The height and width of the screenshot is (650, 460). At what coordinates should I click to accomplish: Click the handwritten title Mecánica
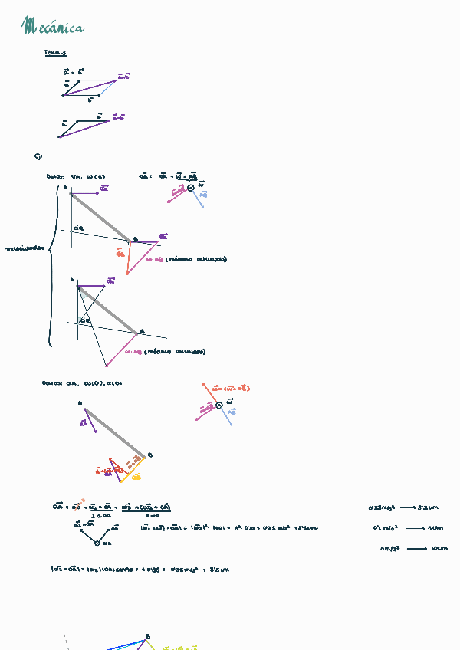coord(54,28)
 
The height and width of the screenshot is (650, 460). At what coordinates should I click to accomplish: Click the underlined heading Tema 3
coord(54,54)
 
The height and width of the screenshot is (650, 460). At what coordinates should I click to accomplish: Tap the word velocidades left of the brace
coord(26,248)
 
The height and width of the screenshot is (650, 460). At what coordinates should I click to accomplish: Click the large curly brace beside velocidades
coord(52,264)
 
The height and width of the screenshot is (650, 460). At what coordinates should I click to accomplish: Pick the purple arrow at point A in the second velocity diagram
coord(90,286)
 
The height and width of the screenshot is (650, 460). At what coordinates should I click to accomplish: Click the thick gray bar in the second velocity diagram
coord(107,310)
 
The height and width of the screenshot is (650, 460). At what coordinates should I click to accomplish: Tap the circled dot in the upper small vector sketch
coord(191,188)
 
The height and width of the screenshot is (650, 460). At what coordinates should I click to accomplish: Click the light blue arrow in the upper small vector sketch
coord(199,199)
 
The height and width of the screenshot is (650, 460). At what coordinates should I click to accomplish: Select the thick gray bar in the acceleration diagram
coord(114,432)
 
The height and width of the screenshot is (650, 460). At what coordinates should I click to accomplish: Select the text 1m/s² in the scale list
coord(389,549)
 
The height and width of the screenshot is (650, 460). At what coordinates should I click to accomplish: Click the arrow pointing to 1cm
coord(416,528)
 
